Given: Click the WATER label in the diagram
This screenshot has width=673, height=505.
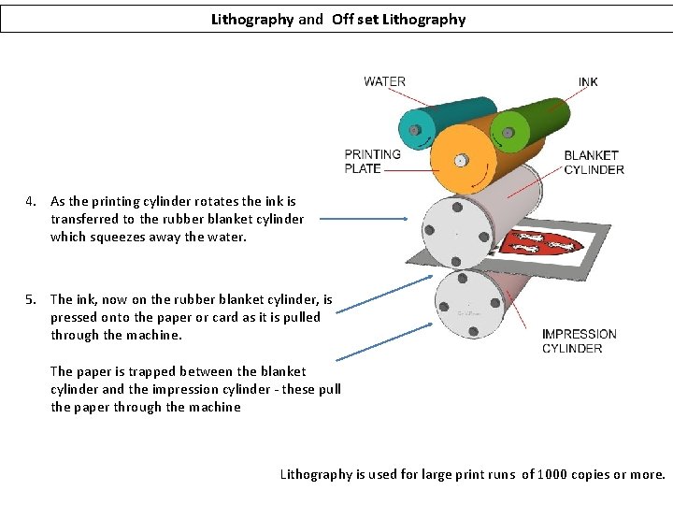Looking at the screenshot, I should [384, 81].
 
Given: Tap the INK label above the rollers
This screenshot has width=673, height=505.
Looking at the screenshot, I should [588, 82].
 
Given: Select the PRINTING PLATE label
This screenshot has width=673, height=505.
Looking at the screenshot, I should [372, 161].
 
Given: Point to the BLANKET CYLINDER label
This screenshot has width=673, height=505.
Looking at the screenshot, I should [594, 162].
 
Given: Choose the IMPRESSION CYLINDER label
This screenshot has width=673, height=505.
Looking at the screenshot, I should [579, 341].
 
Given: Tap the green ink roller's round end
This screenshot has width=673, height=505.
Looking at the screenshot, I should [508, 130].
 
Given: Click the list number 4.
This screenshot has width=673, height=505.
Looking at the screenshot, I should [31, 201].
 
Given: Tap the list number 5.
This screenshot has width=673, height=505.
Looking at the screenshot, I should [31, 299].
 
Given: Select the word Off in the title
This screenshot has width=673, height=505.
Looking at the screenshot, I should [342, 19].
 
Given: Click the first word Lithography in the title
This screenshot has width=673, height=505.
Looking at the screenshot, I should [252, 19].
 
